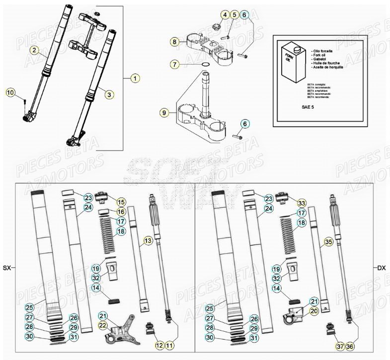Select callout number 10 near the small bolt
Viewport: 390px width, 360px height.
[11, 92]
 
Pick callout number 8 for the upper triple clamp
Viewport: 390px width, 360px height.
[226, 15]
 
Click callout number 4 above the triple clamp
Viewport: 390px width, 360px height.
[226, 15]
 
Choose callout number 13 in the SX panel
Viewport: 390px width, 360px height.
[148, 241]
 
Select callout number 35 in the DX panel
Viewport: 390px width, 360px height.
[327, 242]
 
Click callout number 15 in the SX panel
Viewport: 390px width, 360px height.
[121, 202]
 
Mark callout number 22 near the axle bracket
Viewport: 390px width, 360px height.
[103, 325]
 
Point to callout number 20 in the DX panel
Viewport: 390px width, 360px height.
[314, 311]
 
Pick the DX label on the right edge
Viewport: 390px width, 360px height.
[381, 268]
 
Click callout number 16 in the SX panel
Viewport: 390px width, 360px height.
[121, 212]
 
